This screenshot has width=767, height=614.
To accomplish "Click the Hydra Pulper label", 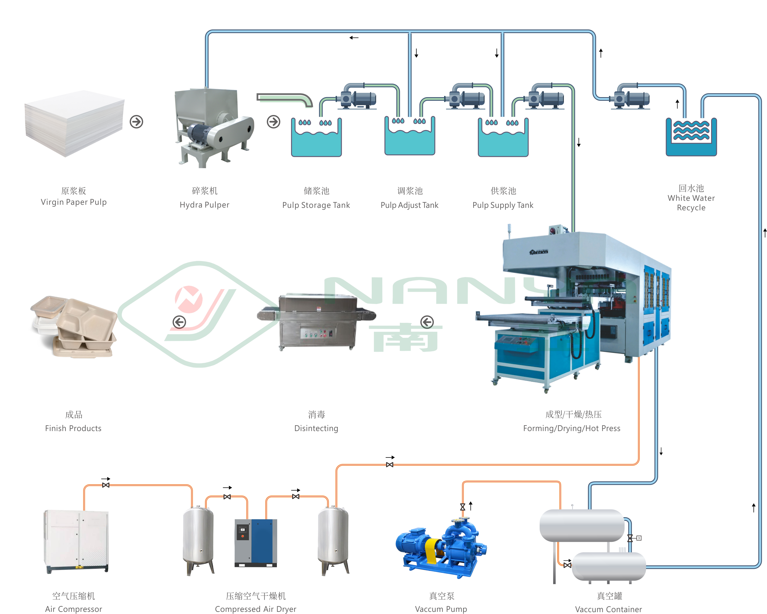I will tap(204, 205).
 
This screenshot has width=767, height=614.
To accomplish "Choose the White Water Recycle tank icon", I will tap(691, 137).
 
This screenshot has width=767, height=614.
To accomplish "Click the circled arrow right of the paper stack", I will tap(136, 122).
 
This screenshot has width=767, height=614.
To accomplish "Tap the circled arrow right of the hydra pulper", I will tap(273, 122).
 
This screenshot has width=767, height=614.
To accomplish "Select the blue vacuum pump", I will tap(441, 548).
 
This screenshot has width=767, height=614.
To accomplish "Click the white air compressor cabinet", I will tap(76, 541).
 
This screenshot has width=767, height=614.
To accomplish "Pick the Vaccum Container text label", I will tap(608, 609).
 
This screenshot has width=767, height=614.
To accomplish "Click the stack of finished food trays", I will tap(73, 326).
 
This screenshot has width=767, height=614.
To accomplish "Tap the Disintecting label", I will tap(316, 428).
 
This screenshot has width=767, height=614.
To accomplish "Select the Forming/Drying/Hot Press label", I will tap(571, 428).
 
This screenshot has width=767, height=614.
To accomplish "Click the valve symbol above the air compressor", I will tap(106, 485).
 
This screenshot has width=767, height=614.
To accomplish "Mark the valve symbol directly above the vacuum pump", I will tap(462, 507).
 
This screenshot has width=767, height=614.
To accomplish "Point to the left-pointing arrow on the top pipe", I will tap(354, 38).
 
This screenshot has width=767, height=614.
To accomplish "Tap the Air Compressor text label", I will tap(74, 609).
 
